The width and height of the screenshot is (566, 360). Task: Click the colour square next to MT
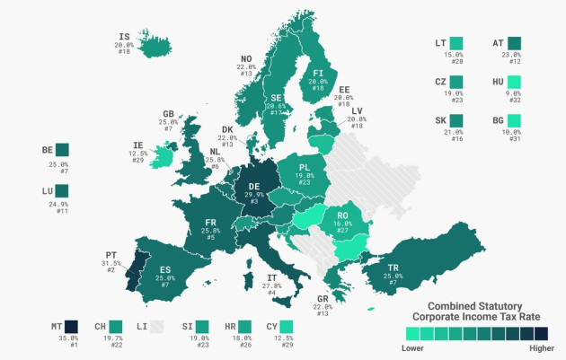click(x=72, y=326)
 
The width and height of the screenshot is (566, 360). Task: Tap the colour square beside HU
click(x=514, y=83)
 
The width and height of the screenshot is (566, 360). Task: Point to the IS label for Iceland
click(x=124, y=37)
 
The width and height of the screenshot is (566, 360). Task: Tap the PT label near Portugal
click(x=111, y=254)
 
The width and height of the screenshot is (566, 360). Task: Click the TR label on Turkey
click(x=392, y=268)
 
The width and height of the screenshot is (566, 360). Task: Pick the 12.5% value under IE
click(x=137, y=152)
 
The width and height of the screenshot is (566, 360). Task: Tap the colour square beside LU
click(x=61, y=191)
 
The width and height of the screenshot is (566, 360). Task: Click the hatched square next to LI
click(x=157, y=326)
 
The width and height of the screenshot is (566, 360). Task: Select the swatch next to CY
click(x=286, y=326)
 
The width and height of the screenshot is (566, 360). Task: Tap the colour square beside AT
click(x=514, y=42)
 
